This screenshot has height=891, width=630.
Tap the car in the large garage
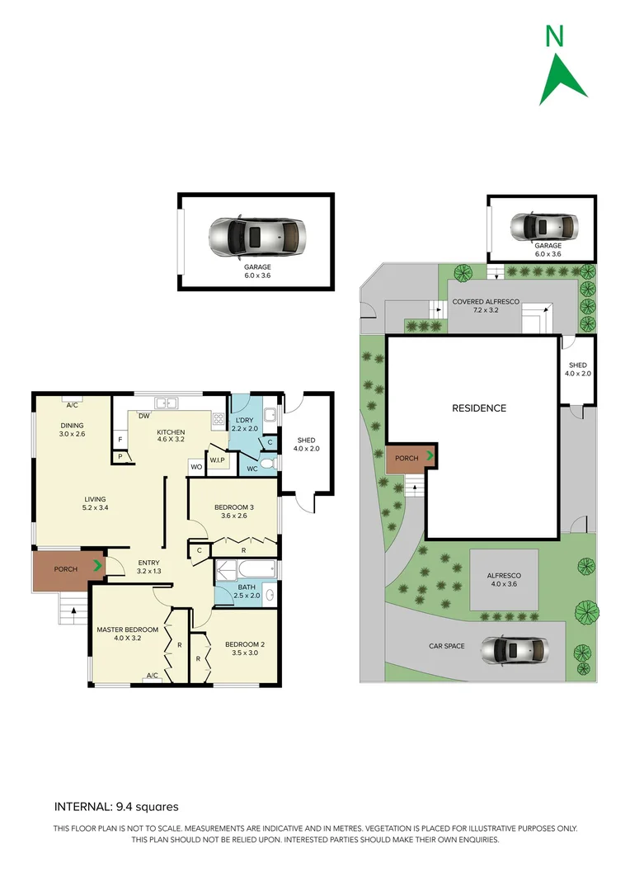pyautogui.click(x=256, y=237)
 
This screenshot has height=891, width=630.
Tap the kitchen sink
pyautogui.click(x=167, y=403)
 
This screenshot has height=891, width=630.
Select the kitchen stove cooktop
pyautogui.click(x=218, y=419)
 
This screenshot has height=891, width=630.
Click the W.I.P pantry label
pyautogui.click(x=218, y=460)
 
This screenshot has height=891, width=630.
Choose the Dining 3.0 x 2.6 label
pyautogui.click(x=72, y=429)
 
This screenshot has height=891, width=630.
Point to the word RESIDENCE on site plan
pyautogui.click(x=478, y=408)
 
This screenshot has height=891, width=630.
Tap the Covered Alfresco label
pyautogui.click(x=486, y=307)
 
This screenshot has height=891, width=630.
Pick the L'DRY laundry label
pyautogui.click(x=244, y=423)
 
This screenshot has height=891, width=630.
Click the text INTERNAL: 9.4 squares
pyautogui.click(x=116, y=807)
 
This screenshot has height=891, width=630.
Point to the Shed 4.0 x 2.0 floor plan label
pyautogui.click(x=308, y=445)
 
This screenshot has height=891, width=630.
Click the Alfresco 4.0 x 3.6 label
pyautogui.click(x=503, y=579)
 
